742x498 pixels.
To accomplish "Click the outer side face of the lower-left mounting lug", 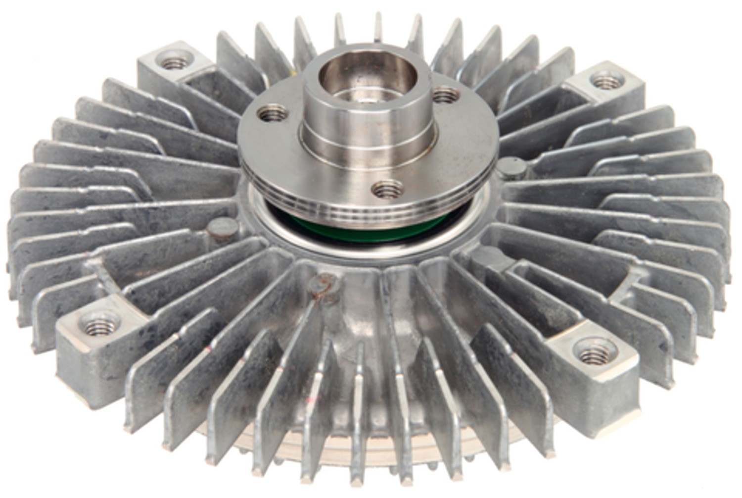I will click(x=79, y=356).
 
